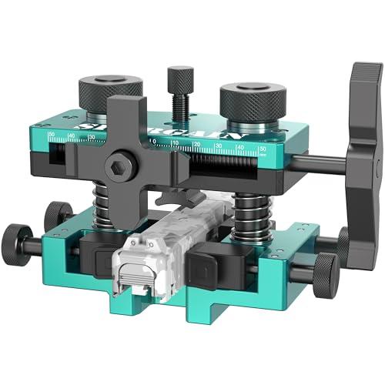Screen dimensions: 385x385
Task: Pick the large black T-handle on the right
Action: tap(362, 154)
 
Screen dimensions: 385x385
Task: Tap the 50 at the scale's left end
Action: tap(51, 136)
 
